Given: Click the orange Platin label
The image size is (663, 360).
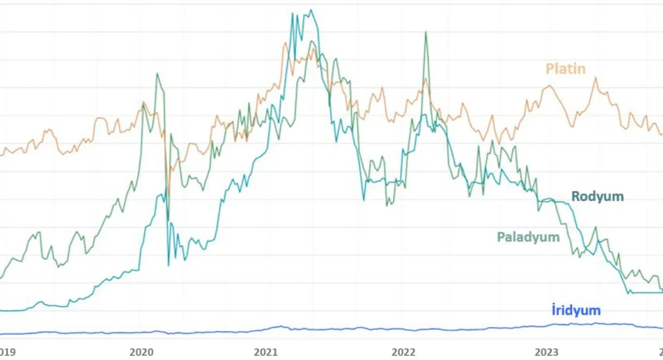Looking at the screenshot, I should click(565, 68).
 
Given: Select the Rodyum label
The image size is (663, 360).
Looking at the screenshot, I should click(597, 197).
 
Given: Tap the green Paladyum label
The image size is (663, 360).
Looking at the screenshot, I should click(528, 237).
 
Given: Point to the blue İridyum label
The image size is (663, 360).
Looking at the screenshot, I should click(575, 310).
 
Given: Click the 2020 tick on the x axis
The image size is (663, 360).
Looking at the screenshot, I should click(142, 352).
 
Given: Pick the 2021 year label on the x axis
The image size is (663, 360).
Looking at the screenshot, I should click(266, 352).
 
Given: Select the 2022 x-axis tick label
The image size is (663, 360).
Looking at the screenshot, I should click(404, 352).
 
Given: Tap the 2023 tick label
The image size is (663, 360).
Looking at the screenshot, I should click(547, 352).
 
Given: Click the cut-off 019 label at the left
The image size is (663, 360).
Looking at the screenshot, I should click(8, 352).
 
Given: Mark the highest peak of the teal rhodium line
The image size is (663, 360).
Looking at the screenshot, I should click(311, 10).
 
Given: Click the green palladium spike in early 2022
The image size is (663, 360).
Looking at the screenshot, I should click(426, 32).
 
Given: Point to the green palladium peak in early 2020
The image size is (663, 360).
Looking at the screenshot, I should click(157, 74).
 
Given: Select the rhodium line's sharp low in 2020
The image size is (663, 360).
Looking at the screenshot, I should click(169, 265).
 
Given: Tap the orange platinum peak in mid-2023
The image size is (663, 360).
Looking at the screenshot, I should click(595, 78).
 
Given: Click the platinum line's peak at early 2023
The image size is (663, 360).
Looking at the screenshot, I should click(549, 86).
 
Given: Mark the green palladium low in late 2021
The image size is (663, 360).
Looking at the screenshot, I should click(387, 205).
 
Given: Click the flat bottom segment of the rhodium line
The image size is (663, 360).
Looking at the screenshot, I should click(646, 292).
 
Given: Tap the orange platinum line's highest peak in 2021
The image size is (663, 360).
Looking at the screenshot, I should click(286, 43).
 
